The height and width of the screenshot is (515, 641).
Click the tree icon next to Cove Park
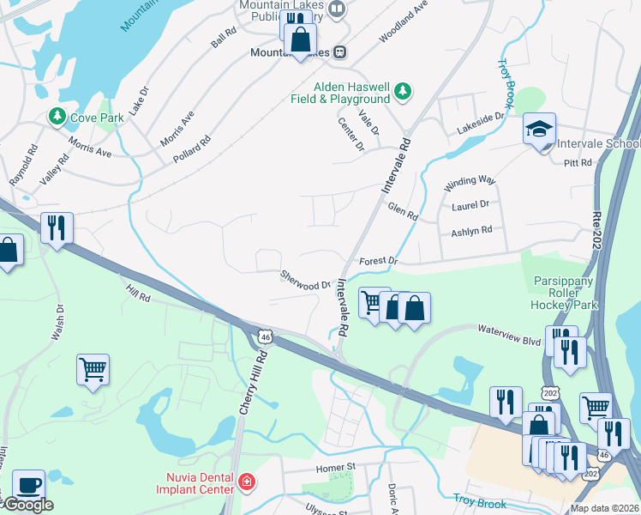[x=57, y=116]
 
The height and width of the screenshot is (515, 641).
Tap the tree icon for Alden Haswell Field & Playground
[x=402, y=90]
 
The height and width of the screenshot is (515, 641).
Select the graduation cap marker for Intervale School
[x=539, y=130]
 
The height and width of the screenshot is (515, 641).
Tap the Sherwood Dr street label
[x=306, y=280]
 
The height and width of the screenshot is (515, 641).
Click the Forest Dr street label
[x=379, y=260]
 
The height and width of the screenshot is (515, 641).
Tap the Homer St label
[x=335, y=468]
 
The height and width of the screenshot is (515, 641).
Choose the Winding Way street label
[x=470, y=184]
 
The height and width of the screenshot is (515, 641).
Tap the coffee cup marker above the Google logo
[x=29, y=483]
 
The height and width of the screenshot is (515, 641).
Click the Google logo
[x=27, y=505]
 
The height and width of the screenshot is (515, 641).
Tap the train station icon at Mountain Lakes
[x=340, y=52]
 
